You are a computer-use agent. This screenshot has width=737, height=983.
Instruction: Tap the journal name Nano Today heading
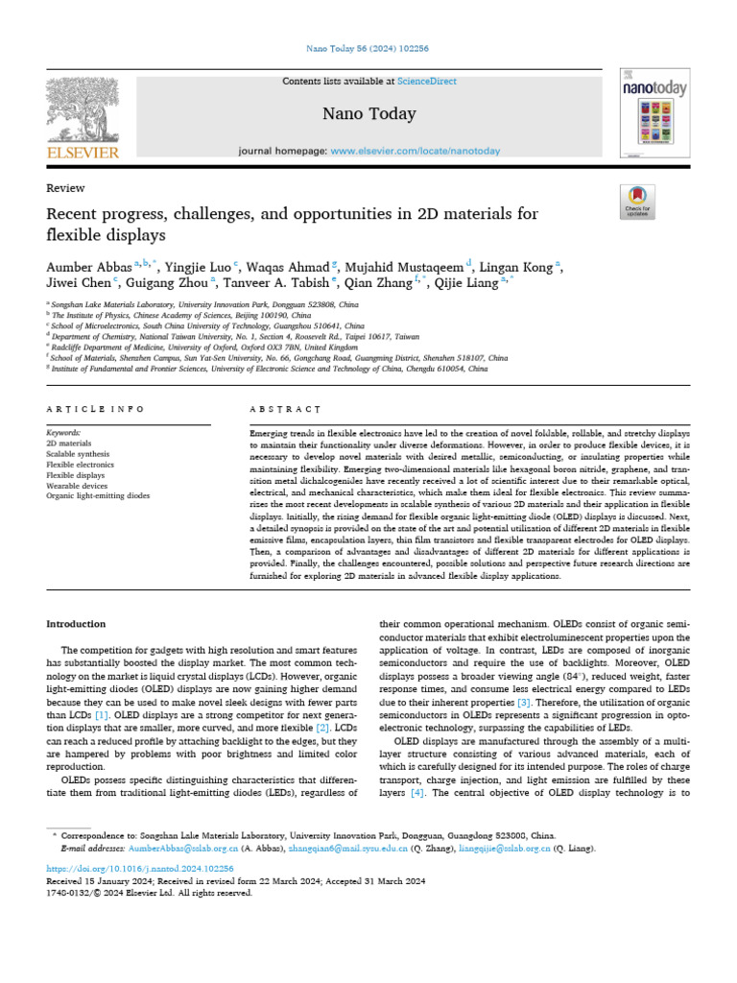tap(368, 114)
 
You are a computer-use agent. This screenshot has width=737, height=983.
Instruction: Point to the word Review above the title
tap(65, 188)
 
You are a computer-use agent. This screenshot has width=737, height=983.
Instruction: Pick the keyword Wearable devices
tap(77, 486)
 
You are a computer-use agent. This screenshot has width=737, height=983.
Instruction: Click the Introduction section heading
tap(77, 624)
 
